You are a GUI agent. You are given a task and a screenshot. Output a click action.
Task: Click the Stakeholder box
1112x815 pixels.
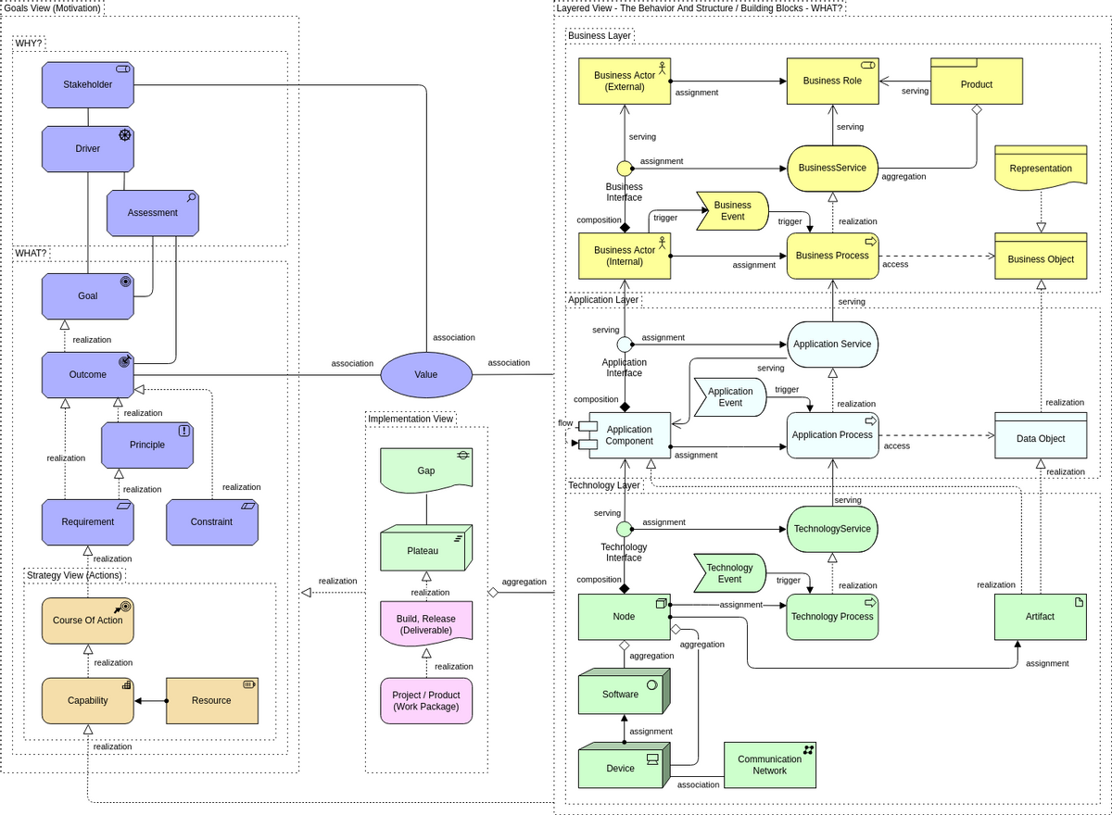(x=88, y=84)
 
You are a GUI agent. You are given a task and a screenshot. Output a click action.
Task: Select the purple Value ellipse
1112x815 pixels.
(x=426, y=375)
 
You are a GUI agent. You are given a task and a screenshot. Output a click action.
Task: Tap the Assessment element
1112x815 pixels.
(x=153, y=213)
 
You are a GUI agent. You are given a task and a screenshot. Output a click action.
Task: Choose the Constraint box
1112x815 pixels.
(x=212, y=521)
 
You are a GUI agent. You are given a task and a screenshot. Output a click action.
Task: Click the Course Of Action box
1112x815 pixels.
(x=88, y=621)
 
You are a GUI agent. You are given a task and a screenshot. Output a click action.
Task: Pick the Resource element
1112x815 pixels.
(x=211, y=700)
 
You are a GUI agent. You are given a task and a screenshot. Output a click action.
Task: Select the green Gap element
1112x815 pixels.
(x=426, y=470)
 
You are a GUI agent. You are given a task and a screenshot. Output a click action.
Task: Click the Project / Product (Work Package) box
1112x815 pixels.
(x=426, y=701)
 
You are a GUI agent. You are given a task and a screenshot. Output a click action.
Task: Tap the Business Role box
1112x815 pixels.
(x=832, y=81)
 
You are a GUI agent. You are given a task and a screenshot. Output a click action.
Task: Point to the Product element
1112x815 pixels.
(x=977, y=83)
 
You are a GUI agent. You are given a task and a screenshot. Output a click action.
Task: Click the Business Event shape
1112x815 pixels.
(x=732, y=211)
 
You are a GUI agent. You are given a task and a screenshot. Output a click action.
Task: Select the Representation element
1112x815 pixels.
(x=1041, y=169)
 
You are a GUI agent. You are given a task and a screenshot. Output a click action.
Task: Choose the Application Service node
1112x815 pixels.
(x=832, y=344)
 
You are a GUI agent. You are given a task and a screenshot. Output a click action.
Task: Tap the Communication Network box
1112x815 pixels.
(x=769, y=765)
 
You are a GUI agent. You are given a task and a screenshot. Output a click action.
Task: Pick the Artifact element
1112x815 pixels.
(x=1040, y=616)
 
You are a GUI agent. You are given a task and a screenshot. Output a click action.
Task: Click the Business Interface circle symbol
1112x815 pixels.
(x=625, y=168)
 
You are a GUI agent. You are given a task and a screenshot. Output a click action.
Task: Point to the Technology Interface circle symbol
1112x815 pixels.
(x=625, y=529)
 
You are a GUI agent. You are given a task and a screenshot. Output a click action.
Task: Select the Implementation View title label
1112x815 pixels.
(x=411, y=419)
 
